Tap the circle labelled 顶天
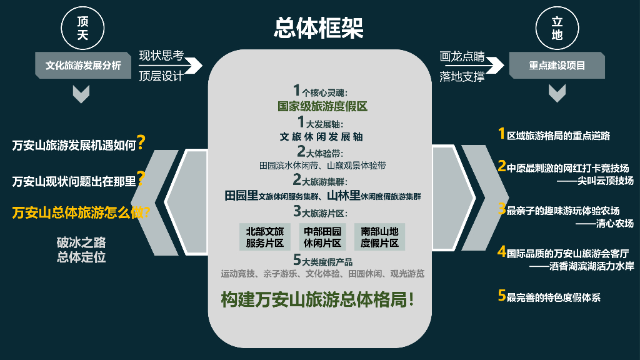[x=82, y=29]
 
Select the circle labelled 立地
[x=557, y=29]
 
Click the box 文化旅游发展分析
[x=83, y=65]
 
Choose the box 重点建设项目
[x=557, y=65]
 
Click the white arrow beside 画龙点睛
[x=494, y=65]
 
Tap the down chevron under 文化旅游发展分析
[x=82, y=93]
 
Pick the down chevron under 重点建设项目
[x=557, y=93]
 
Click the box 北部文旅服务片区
[x=265, y=237]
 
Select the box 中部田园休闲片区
[x=322, y=237]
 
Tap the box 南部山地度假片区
[x=379, y=237]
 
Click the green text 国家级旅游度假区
[x=322, y=106]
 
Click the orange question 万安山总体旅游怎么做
[x=81, y=212]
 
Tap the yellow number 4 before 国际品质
[x=501, y=252]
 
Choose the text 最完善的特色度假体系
[x=553, y=297]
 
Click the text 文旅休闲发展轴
[x=321, y=136]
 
